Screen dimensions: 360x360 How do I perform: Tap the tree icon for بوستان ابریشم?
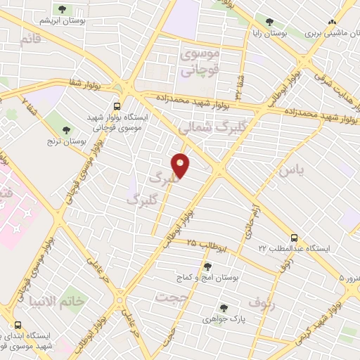(x=62, y=10)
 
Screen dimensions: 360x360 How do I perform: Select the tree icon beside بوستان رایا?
(x=269, y=22)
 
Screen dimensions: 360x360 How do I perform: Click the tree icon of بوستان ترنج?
(x=66, y=130)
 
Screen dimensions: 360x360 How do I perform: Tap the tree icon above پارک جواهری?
(x=224, y=308)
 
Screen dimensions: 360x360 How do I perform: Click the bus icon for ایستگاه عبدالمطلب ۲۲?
(x=294, y=238)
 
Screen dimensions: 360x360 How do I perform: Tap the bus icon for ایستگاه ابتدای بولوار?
(x=17, y=325)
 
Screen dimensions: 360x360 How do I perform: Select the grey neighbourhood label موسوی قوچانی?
(x=200, y=62)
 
